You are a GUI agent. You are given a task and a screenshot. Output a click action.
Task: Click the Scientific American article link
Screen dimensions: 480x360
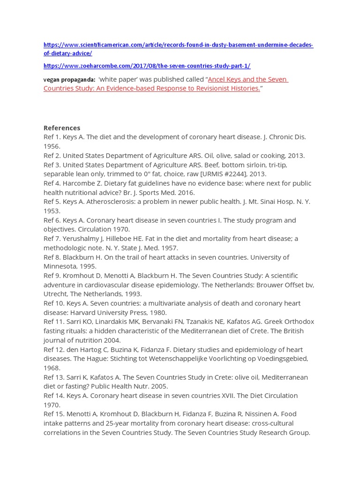(x=178, y=45)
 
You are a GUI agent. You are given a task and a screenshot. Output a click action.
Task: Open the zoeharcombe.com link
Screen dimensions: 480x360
(x=147, y=66)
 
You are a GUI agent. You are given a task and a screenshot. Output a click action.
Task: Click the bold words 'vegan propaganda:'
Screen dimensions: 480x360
(x=69, y=80)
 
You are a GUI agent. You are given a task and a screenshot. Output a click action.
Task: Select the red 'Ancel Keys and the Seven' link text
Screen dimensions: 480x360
(x=247, y=79)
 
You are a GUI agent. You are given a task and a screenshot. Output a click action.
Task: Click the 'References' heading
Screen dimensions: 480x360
(x=62, y=128)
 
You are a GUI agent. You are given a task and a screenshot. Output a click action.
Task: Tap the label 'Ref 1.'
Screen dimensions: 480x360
(x=52, y=137)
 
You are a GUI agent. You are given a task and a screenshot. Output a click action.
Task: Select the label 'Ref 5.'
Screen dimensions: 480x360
(x=52, y=202)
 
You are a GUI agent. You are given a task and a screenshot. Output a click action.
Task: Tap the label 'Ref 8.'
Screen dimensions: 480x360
(x=52, y=257)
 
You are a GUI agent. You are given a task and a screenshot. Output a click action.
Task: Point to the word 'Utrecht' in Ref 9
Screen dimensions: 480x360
(x=56, y=294)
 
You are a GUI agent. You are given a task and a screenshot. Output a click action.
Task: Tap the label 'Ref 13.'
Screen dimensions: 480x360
(x=54, y=377)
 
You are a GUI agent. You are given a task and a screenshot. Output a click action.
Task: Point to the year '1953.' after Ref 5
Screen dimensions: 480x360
(x=52, y=211)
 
